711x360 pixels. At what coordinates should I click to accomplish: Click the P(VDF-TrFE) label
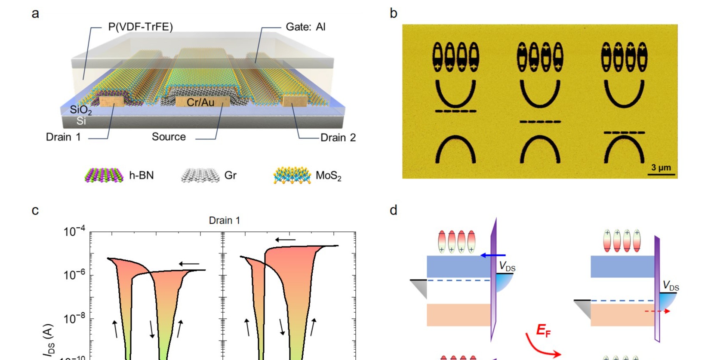(x=140, y=27)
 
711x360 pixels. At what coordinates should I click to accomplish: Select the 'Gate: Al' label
(x=305, y=27)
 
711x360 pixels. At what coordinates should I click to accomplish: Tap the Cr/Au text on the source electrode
(x=200, y=102)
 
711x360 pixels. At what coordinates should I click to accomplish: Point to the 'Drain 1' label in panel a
(x=63, y=137)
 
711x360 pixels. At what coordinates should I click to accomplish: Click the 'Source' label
(x=169, y=137)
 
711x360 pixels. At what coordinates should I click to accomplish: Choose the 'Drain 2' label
(x=338, y=138)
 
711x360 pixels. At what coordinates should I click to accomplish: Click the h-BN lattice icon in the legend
(x=102, y=175)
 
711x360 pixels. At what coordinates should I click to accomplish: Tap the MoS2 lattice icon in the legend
(x=292, y=175)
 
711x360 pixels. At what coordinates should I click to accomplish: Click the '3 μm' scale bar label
(x=661, y=167)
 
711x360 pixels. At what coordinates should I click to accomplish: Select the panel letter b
(x=393, y=13)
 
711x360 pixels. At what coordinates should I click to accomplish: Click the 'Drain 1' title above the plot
(x=224, y=221)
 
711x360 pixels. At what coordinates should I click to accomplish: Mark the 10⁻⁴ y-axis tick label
(x=74, y=232)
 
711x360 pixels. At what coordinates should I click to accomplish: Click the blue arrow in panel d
(x=492, y=255)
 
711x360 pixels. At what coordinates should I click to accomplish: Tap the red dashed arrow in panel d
(x=658, y=311)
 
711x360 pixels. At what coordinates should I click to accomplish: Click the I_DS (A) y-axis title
(x=48, y=340)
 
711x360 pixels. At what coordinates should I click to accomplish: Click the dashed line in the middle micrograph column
(x=540, y=122)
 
